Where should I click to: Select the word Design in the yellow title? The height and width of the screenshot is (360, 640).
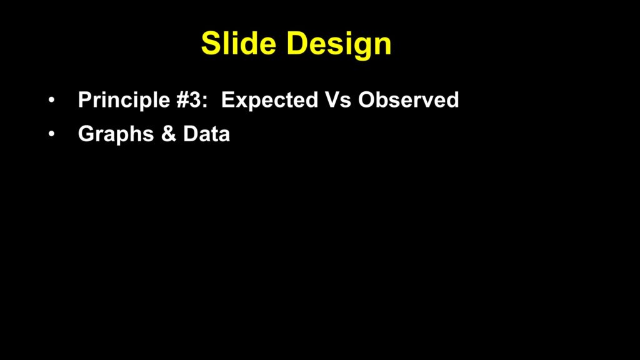pos(339,45)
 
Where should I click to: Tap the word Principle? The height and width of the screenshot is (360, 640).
pos(124,101)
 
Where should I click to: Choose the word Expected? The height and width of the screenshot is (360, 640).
pos(269,101)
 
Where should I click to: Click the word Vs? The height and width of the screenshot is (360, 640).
pos(338,100)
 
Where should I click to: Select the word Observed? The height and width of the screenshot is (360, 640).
pos(409,99)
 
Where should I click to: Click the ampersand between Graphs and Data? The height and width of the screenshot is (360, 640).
pos(169,134)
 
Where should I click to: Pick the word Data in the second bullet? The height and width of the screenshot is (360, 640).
pos(206,134)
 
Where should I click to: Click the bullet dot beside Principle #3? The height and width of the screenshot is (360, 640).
pos(51,99)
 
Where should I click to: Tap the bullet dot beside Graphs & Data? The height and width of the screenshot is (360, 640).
pos(51,134)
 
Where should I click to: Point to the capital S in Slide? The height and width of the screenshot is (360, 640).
pos(211,43)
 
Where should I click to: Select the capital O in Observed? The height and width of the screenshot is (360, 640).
pos(367,100)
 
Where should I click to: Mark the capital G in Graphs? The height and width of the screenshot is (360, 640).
pos(87,134)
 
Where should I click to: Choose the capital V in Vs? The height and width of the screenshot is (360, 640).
pos(333,100)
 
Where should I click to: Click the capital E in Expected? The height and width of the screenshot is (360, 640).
pos(227,100)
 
